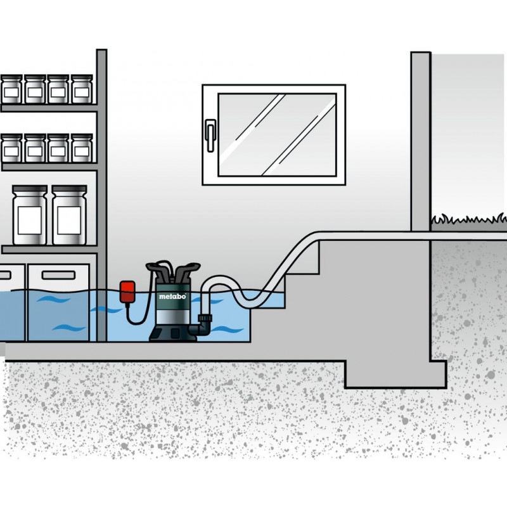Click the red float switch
point(127,292)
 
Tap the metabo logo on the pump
point(172,296)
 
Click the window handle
point(210,136)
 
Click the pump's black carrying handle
point(173,269)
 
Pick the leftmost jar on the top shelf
point(11,89)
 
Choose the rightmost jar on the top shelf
point(82,89)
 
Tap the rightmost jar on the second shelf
point(82,148)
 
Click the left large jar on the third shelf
point(30,215)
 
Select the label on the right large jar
point(69,220)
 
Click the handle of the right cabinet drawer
point(58,276)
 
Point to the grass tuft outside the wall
point(469,219)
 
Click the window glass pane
point(278,135)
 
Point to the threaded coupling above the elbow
point(205,318)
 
